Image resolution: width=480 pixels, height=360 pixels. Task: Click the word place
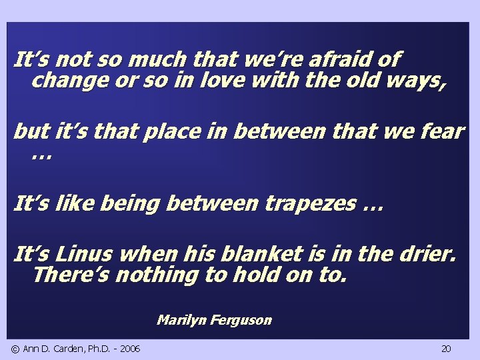pyautogui.click(x=167, y=132)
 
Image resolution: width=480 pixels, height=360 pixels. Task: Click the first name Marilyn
pyautogui.click(x=182, y=320)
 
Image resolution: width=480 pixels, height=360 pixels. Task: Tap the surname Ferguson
pyautogui.click(x=241, y=320)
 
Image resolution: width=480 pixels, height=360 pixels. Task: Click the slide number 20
pyautogui.click(x=446, y=349)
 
